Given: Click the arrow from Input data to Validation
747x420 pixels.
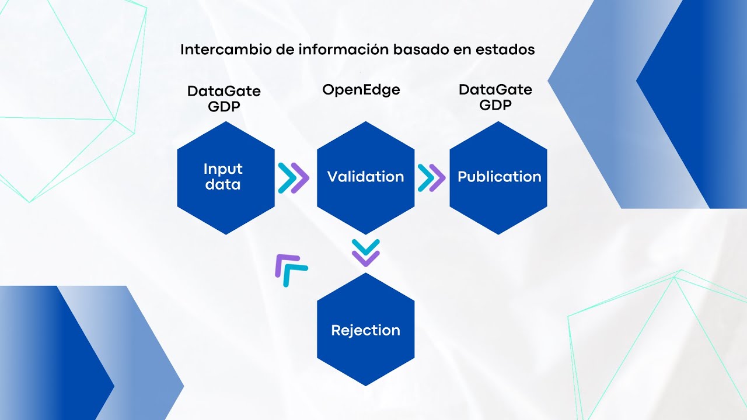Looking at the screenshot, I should (x=294, y=177).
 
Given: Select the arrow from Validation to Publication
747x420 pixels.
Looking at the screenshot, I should (x=431, y=177).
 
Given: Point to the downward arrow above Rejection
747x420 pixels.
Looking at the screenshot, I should (x=366, y=253).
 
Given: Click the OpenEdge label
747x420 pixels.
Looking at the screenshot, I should (x=361, y=90).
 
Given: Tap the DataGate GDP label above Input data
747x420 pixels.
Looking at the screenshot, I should (x=224, y=99).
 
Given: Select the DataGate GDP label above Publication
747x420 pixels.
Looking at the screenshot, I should (x=495, y=97).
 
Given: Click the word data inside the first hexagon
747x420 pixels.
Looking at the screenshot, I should (x=222, y=185).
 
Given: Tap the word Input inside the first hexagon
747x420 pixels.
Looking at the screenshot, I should (x=223, y=169).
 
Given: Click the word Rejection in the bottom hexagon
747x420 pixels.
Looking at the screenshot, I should (x=365, y=330).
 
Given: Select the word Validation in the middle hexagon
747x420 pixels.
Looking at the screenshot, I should (x=365, y=177).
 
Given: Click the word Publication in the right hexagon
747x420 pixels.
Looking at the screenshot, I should (x=499, y=177).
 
